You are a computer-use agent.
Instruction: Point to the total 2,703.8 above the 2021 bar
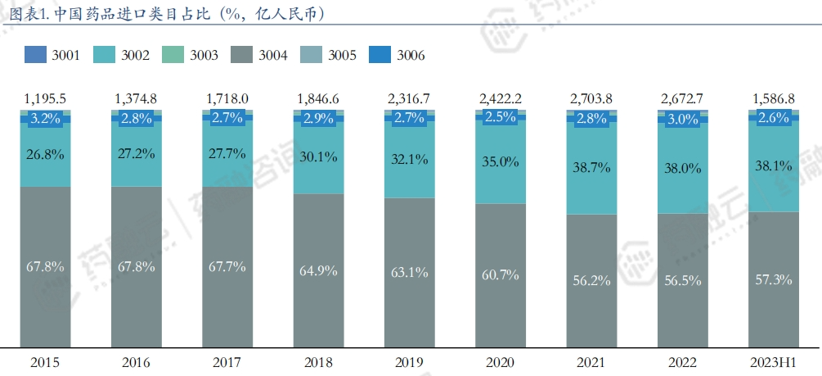591,98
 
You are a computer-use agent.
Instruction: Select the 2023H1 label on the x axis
773,362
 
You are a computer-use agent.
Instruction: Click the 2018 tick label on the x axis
317,362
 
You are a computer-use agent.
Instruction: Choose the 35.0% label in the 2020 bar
500,161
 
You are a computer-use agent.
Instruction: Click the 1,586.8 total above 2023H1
773,98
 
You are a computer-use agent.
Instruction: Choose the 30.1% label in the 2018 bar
317,156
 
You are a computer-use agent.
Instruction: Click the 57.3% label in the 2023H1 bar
773,279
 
